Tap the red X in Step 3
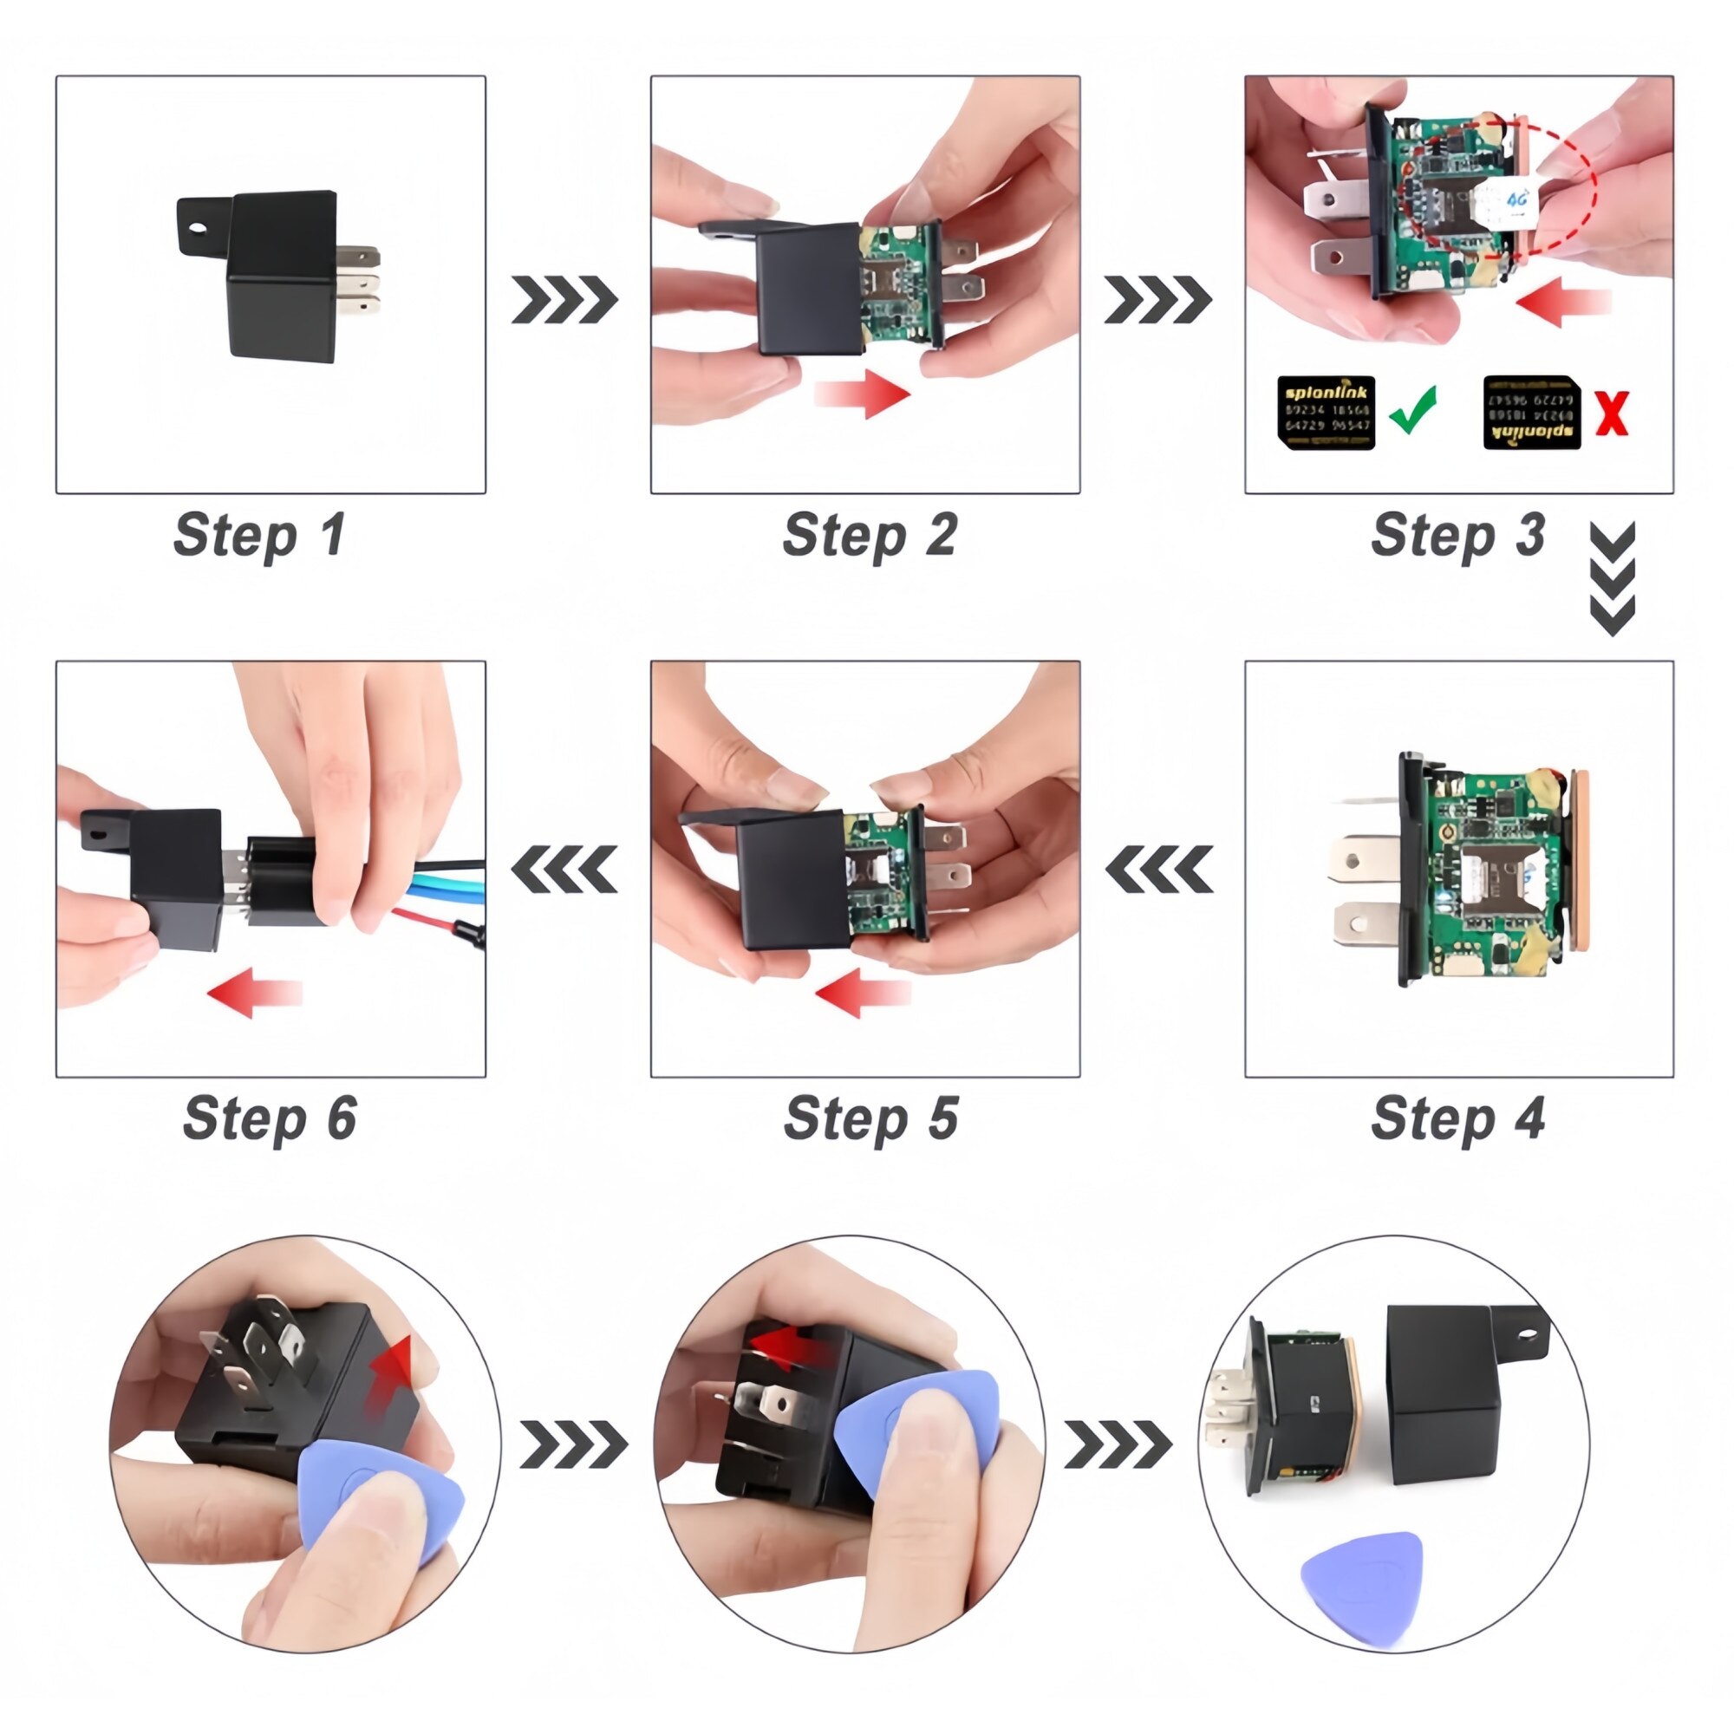click(1612, 414)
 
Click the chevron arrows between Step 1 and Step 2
click(564, 300)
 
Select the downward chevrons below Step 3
click(1612, 579)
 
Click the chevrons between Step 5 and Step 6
click(564, 869)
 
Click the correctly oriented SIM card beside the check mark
click(1326, 413)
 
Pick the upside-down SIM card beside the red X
click(1532, 413)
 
